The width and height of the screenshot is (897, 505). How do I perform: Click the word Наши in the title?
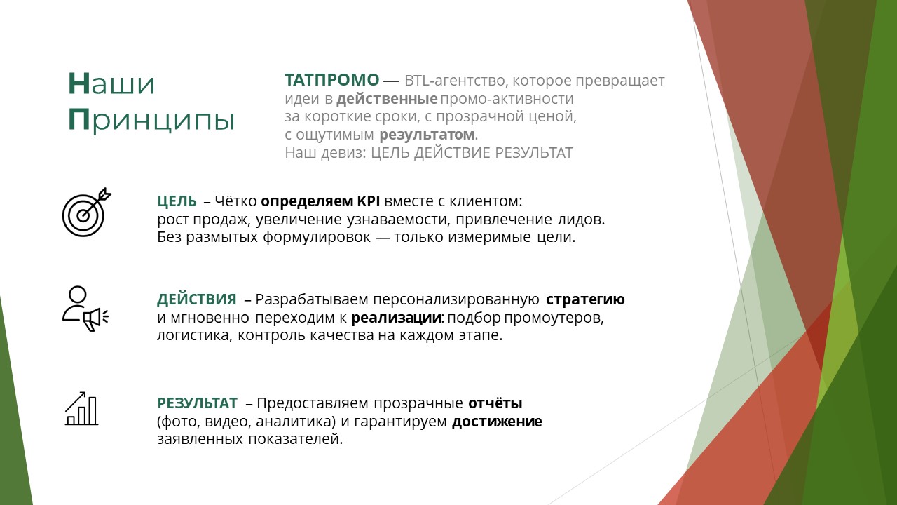point(111,83)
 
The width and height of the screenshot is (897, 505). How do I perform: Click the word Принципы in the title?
point(151,120)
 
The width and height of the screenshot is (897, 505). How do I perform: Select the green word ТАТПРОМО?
point(332,80)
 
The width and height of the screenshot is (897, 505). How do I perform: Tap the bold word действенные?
point(387,99)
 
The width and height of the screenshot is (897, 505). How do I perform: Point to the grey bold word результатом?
point(427,135)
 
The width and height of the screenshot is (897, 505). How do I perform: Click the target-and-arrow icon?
point(86,212)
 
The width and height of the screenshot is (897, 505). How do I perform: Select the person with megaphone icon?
point(85,309)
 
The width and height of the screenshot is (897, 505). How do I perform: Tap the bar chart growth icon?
point(81,408)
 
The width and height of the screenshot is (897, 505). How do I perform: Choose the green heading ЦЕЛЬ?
point(177,201)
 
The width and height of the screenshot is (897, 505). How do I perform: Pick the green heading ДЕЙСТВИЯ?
point(197,299)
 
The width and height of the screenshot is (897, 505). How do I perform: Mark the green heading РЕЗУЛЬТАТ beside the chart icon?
point(197,403)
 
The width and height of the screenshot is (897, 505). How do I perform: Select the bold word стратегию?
point(585,299)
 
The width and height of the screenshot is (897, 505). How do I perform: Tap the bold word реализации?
point(397,318)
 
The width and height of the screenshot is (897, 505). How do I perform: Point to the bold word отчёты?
point(495,403)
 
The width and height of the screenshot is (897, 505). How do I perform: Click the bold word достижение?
point(497,422)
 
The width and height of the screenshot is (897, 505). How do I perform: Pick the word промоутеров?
point(554,318)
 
